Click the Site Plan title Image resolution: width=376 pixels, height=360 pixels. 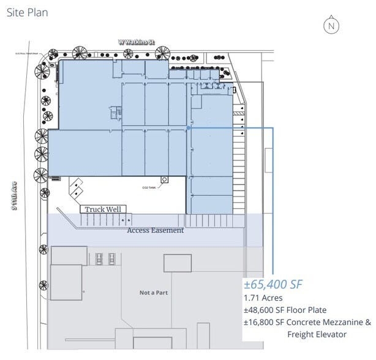pos(27,12)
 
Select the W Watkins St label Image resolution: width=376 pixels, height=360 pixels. pos(137,42)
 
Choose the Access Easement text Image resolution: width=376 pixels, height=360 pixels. pos(156,231)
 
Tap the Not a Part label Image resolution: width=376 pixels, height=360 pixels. pos(153,293)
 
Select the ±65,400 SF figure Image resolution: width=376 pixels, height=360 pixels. pos(274,284)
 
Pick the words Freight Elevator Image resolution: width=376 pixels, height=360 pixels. pos(317,334)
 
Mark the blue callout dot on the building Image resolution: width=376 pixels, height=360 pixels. pos(189,129)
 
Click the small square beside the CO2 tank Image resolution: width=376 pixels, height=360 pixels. pos(164,179)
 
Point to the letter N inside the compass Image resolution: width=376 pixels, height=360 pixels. pos(331,26)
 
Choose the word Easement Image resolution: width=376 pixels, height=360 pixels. pos(168,231)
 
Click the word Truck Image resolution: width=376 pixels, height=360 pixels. pos(94,209)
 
